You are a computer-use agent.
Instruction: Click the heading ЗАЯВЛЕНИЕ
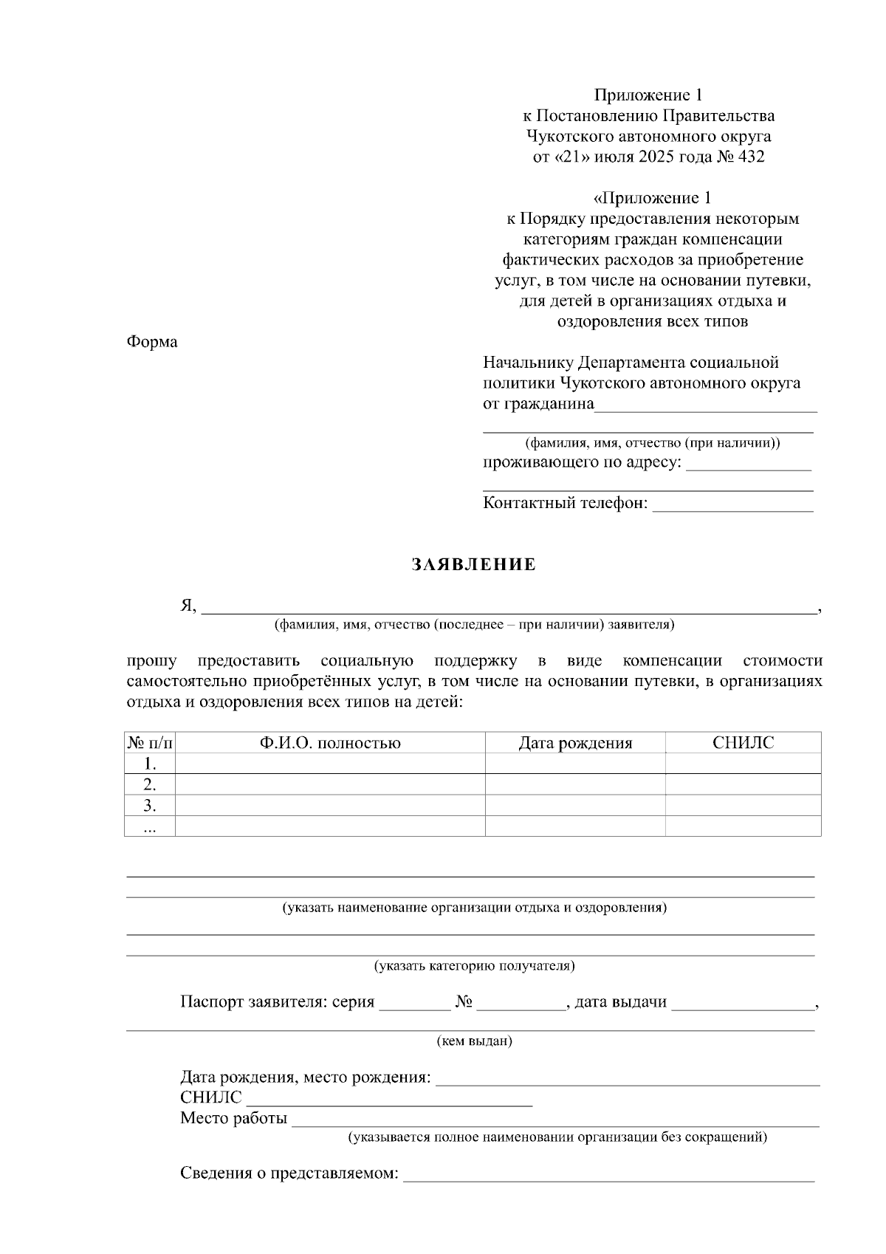tap(473, 565)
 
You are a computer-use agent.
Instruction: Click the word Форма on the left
tap(152, 342)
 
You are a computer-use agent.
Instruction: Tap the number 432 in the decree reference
tap(751, 157)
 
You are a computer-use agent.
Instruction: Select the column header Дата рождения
tap(574, 743)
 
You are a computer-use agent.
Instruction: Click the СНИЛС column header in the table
tap(743, 743)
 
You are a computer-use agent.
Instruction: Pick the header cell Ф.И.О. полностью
tap(329, 743)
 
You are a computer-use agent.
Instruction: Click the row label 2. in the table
tap(150, 784)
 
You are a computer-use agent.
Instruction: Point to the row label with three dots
tap(150, 827)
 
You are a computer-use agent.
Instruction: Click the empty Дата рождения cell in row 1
tap(574, 764)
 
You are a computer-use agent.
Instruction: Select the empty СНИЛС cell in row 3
tap(743, 805)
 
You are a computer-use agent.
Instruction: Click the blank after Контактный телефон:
tap(732, 506)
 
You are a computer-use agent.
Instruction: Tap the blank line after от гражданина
tap(705, 406)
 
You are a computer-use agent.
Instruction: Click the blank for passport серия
tap(413, 1004)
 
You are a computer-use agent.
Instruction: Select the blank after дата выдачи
tap(742, 1004)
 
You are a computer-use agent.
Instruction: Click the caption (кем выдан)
tap(474, 1041)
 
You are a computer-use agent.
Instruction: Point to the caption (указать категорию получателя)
tap(474, 965)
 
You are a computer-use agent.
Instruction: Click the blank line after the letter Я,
tap(509, 609)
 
